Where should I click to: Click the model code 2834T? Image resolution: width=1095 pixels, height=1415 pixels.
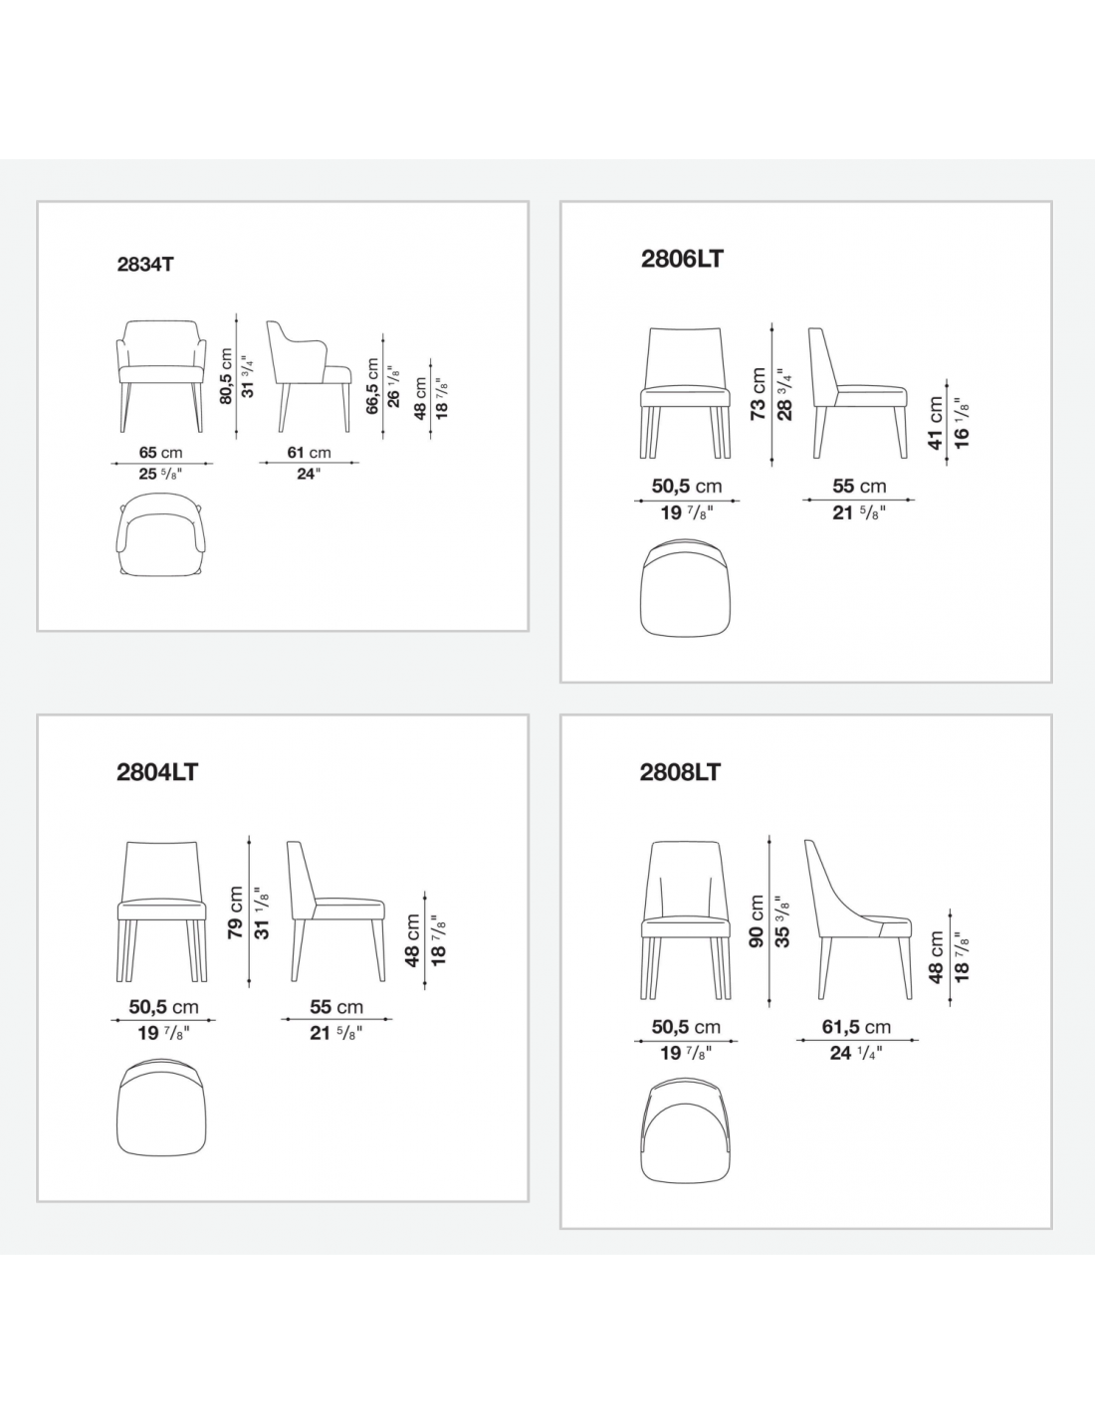145,265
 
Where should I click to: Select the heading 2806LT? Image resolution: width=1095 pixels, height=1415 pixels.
682,259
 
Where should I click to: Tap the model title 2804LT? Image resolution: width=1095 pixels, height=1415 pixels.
157,772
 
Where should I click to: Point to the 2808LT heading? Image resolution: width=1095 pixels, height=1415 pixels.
680,772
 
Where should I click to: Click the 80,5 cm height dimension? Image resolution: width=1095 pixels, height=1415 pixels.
225,376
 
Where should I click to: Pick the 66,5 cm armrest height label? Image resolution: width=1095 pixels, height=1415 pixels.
372,385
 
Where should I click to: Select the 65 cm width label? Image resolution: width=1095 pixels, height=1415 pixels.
160,452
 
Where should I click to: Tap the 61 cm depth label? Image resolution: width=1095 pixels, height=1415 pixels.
309,452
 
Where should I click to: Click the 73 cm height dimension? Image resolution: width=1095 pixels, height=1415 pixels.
759,394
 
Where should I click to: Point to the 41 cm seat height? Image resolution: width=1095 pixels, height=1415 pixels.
936,423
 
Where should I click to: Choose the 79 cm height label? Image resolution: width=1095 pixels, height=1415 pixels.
235,911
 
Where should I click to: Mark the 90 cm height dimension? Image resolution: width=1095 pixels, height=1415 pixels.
756,920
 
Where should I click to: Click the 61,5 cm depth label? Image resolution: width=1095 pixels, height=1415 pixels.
856,1027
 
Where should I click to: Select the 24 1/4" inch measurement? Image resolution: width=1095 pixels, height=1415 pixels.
856,1053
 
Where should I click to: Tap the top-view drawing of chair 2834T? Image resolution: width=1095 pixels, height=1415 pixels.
161,534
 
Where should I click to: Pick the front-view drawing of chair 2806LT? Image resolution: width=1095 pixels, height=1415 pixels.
685,393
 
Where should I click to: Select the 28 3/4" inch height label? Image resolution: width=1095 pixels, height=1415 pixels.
784,394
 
